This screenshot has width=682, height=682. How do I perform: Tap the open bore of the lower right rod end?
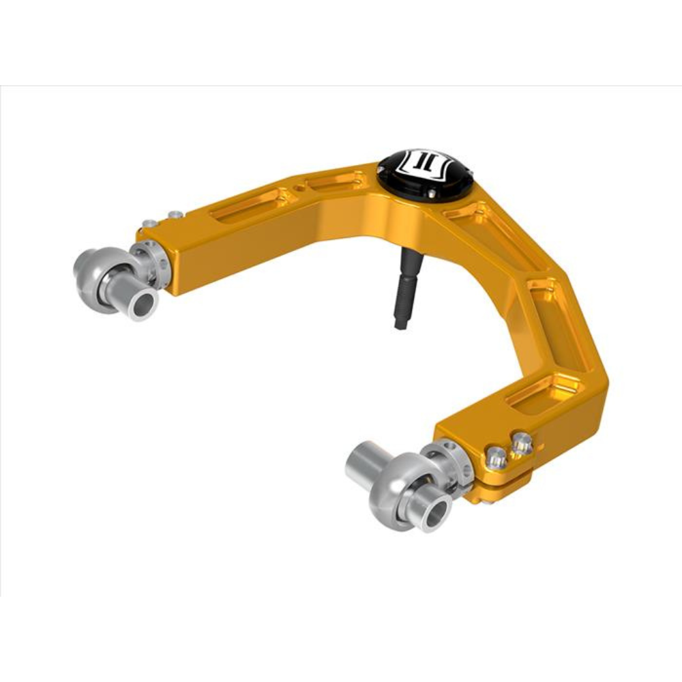tap(434, 512)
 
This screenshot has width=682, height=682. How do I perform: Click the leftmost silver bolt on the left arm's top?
tap(147, 223)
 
